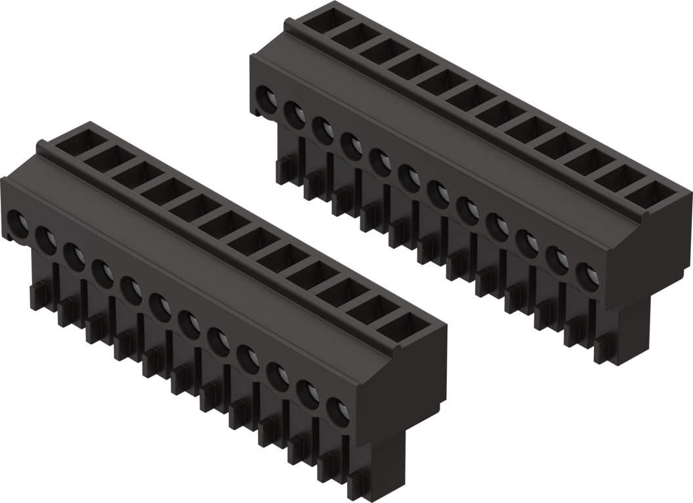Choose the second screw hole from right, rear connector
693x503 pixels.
click(558, 259)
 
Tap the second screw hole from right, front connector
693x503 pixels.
click(309, 393)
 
